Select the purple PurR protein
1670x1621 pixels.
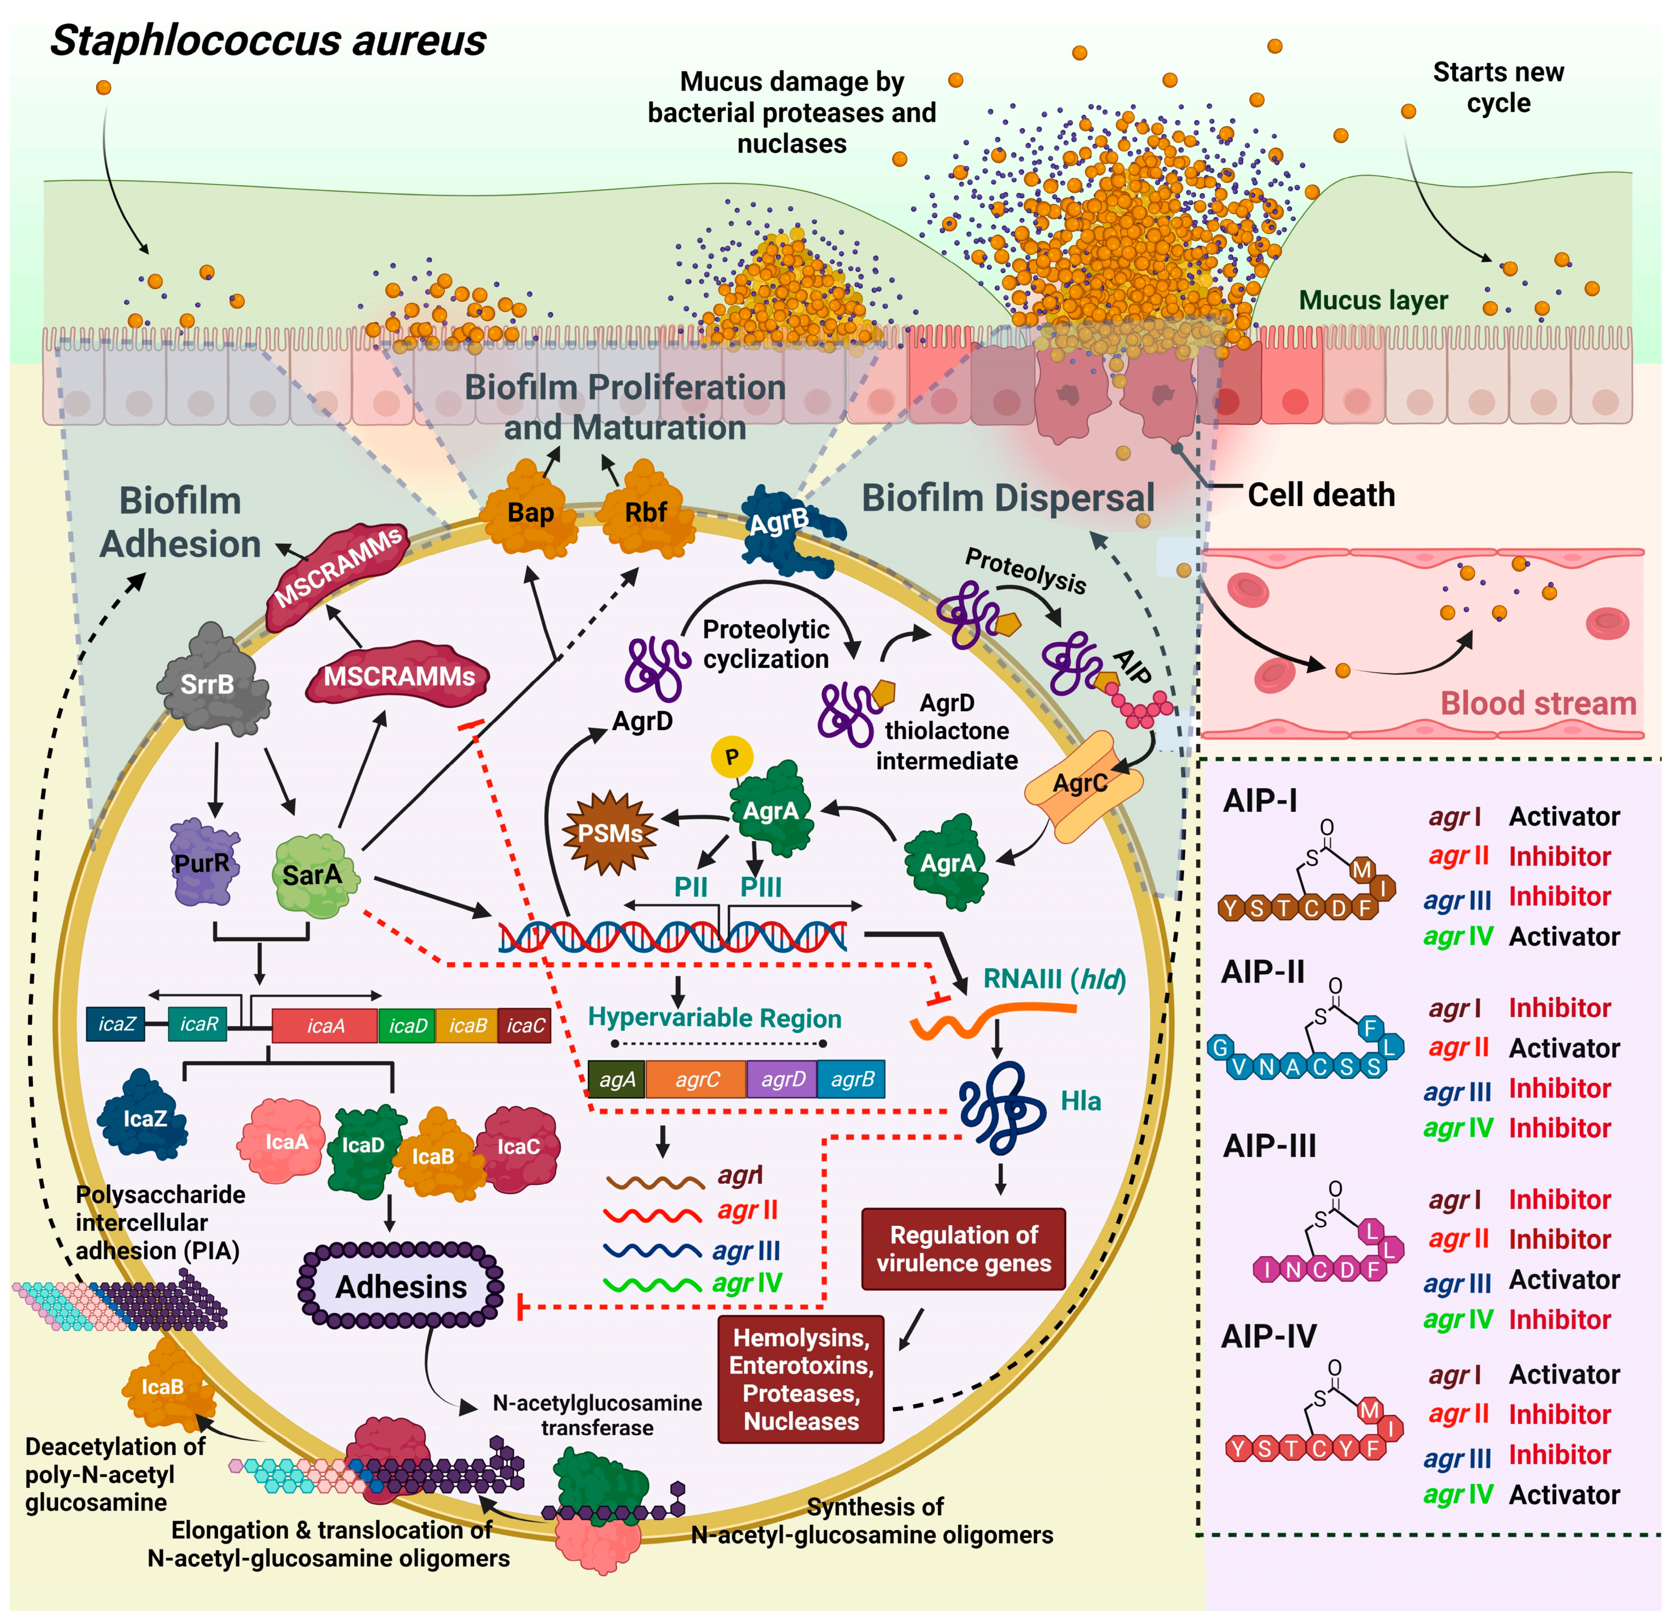click(205, 862)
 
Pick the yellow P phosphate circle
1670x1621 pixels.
click(732, 756)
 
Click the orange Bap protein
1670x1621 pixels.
click(530, 510)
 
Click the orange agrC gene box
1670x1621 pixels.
click(696, 1079)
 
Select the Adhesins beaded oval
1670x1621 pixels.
click(401, 1285)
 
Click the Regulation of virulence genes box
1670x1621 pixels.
click(964, 1249)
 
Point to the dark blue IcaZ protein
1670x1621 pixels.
click(143, 1116)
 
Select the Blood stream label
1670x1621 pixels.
click(1538, 703)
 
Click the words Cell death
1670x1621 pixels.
click(1322, 495)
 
